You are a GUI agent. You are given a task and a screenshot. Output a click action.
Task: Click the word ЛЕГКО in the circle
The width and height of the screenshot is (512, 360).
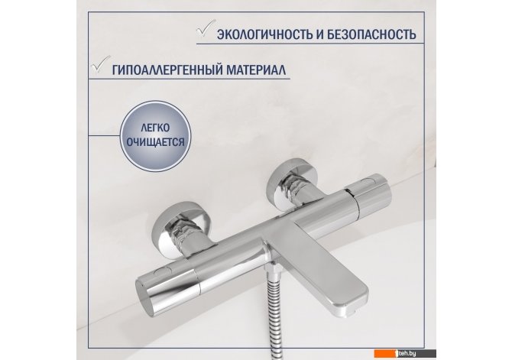[155, 128]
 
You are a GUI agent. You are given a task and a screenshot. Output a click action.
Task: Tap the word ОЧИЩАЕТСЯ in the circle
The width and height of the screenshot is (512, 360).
[155, 142]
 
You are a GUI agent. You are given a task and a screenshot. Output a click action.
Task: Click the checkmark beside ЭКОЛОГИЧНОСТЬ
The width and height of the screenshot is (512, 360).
[206, 28]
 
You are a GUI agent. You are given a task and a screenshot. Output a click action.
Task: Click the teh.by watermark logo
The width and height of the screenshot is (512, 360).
[405, 353]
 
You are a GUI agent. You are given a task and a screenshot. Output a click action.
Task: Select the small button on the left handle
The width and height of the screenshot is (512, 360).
[161, 270]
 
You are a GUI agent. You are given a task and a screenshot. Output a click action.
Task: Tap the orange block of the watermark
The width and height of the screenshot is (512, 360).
[384, 353]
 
